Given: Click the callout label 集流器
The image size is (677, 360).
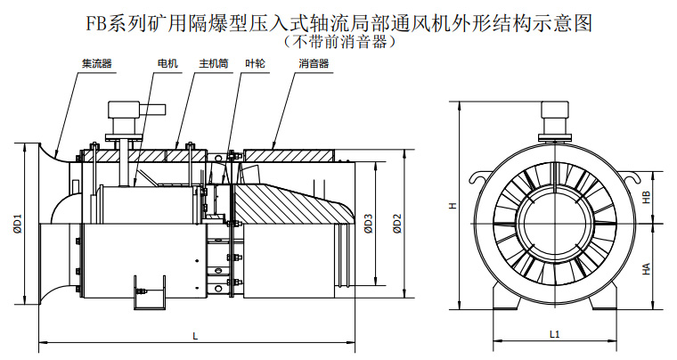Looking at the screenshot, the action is point(97,64).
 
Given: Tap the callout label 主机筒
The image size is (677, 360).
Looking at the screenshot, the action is point(213,64).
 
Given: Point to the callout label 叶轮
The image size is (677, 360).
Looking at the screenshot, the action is point(255,64).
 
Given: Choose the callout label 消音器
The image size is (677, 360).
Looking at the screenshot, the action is point(314,64).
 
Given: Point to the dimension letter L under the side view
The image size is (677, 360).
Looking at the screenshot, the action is point(196,336).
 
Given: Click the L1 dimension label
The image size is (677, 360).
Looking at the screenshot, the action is point(554,334).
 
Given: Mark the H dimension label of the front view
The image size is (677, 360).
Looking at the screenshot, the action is point(453,206).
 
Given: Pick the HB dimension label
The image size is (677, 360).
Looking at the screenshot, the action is point(647,197).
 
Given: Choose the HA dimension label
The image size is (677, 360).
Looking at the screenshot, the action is point(647,268).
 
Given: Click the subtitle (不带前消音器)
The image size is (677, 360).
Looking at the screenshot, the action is point(338,42).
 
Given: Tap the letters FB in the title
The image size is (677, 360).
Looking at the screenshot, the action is point(94,23).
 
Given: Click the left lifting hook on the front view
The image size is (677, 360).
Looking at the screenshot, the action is point(478,176).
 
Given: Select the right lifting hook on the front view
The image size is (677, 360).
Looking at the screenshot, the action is point(630,176).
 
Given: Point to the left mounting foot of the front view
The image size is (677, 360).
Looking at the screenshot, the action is point(505,297).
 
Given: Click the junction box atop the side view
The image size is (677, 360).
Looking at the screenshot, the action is point(135,110).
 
